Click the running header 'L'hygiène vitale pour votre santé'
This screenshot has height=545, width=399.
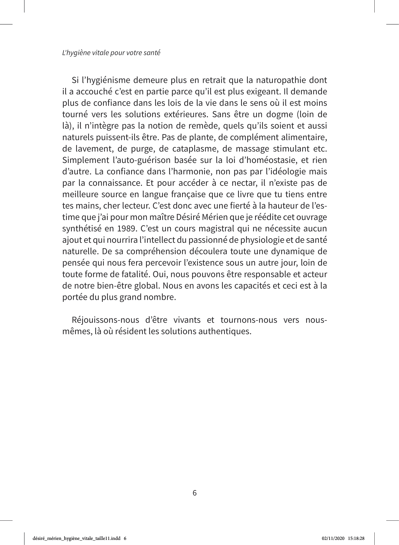(111, 53)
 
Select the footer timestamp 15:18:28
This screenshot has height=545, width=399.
(356, 538)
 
